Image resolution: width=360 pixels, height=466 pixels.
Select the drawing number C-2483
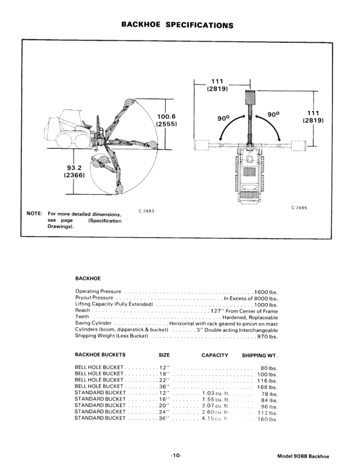147,210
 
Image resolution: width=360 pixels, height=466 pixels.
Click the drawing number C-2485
299,208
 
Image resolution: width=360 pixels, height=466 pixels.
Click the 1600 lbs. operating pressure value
266,291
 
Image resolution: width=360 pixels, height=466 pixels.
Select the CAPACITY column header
215,355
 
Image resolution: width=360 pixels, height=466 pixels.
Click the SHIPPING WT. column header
259,355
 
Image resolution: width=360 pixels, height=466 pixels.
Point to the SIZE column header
164,355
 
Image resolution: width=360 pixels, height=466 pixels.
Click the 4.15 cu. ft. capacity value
215,419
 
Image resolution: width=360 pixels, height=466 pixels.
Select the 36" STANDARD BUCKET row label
101,419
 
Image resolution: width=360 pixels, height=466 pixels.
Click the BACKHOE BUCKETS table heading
100,355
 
